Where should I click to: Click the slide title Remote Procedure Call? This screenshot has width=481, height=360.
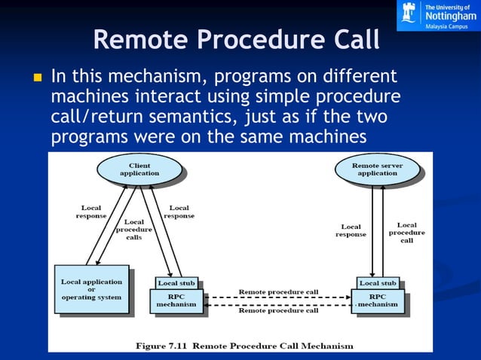pos(236,40)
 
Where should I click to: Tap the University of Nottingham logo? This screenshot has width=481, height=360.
pos(437,15)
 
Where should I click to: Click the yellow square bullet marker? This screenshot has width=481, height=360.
pos(35,78)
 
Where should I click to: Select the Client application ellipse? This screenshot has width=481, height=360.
pos(139,169)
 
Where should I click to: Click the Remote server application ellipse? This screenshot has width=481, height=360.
pos(377,169)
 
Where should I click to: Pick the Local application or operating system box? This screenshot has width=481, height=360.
pos(91,288)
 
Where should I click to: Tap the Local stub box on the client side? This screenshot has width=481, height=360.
pos(176,283)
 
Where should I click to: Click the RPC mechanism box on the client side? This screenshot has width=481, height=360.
pos(176,301)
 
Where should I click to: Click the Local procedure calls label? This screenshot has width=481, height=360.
pos(133,230)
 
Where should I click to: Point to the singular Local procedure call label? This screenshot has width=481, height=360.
pos(406,232)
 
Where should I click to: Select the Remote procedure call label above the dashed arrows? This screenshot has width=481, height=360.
pos(278,291)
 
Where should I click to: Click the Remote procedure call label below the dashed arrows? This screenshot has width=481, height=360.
pos(278,310)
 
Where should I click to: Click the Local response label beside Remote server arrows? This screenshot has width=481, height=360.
pos(351,230)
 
